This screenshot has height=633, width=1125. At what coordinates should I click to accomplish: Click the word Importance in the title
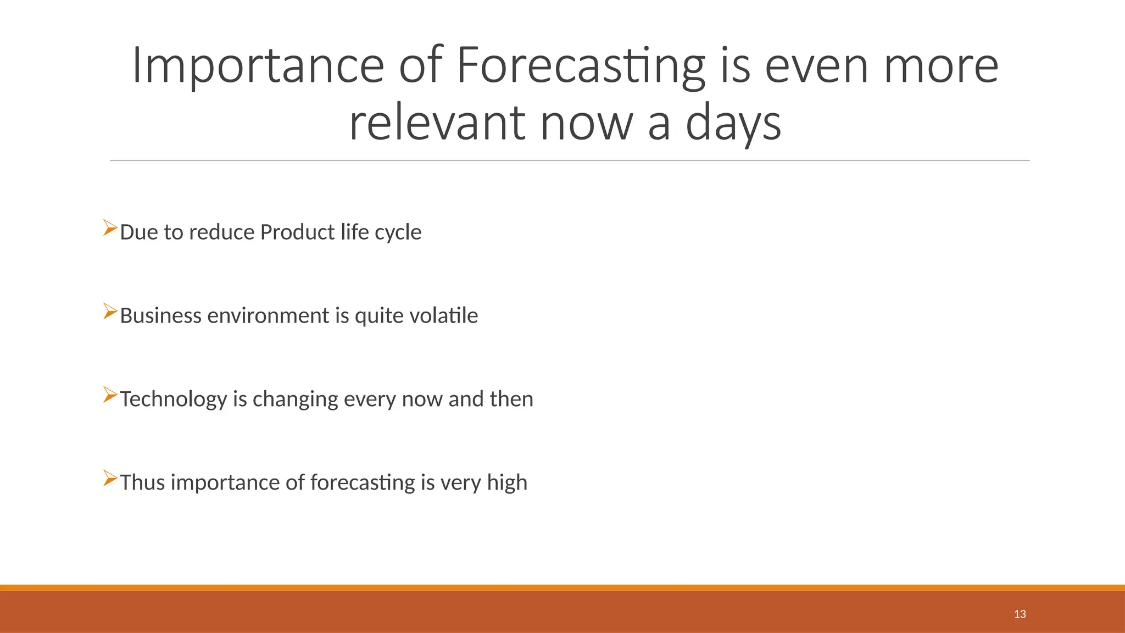[258, 66]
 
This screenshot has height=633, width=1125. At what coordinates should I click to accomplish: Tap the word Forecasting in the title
[581, 66]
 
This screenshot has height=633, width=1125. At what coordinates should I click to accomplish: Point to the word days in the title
[733, 123]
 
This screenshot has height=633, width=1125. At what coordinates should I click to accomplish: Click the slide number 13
[1020, 614]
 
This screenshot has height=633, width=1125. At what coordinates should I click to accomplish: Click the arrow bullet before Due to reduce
[110, 228]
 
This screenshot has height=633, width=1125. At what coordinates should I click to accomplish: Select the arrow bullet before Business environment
[110, 312]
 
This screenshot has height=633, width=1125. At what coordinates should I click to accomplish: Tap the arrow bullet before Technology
[110, 395]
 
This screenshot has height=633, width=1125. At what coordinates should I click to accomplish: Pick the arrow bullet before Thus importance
[110, 479]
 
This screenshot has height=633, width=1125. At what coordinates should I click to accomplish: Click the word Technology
[173, 399]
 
